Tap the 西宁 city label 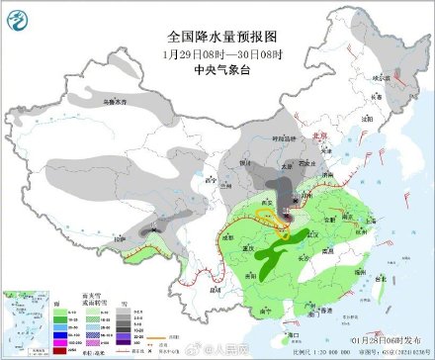click(208, 181)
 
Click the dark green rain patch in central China click(270, 259)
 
